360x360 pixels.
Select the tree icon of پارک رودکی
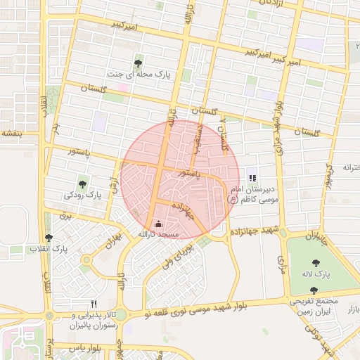click(x=83, y=185)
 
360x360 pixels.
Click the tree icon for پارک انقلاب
click(x=49, y=238)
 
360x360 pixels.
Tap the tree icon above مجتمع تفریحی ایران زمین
click(x=314, y=290)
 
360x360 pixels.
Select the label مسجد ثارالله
click(x=158, y=234)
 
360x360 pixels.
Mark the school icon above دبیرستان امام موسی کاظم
click(x=252, y=178)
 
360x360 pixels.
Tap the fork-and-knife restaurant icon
click(x=94, y=304)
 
